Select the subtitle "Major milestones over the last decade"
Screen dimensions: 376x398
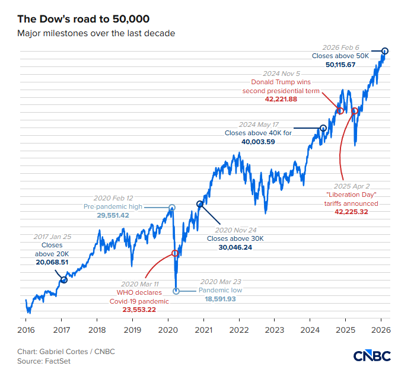click(x=96, y=33)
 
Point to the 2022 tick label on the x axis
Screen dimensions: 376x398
click(x=239, y=330)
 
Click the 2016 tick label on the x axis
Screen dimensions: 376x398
click(x=26, y=330)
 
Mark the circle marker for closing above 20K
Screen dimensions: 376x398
click(x=63, y=279)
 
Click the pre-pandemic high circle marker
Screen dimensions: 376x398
click(x=172, y=208)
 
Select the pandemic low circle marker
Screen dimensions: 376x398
click(x=176, y=291)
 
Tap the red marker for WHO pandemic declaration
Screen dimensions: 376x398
click(x=175, y=253)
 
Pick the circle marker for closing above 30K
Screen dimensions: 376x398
click(x=200, y=204)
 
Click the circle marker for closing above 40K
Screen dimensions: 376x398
click(x=323, y=128)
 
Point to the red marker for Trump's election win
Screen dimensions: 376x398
click(x=340, y=111)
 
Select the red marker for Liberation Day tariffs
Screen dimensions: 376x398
click(x=355, y=111)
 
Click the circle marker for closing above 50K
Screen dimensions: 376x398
click(x=384, y=51)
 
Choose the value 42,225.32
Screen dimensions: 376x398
click(x=352, y=211)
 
